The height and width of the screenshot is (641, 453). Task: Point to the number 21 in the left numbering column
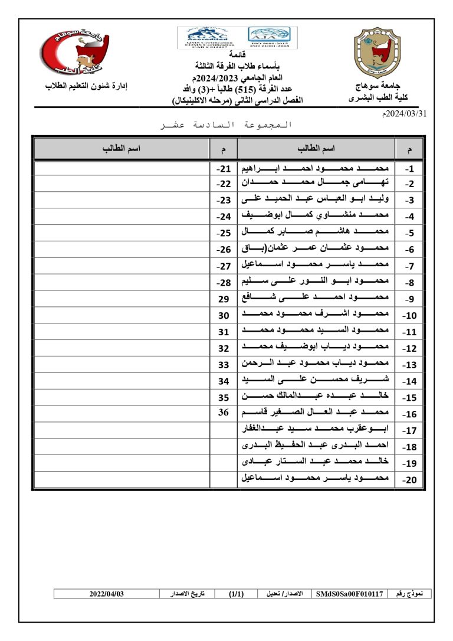tap(224, 169)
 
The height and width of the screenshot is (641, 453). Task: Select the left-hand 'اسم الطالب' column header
tap(122, 148)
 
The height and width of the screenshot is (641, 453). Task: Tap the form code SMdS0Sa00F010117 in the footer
tap(350, 594)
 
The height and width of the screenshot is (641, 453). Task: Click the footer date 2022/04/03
tap(107, 594)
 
